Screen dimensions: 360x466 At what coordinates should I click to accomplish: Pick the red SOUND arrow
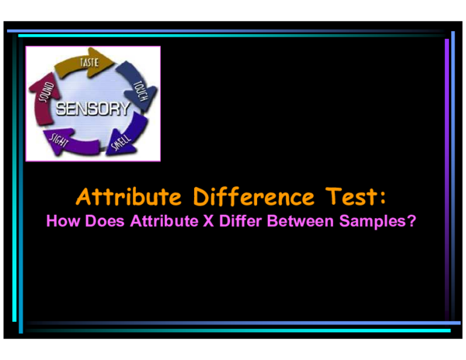pyautogui.click(x=44, y=97)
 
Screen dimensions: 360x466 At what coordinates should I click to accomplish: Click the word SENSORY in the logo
pyautogui.click(x=92, y=109)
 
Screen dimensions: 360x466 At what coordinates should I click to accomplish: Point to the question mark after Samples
pyautogui.click(x=412, y=220)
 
